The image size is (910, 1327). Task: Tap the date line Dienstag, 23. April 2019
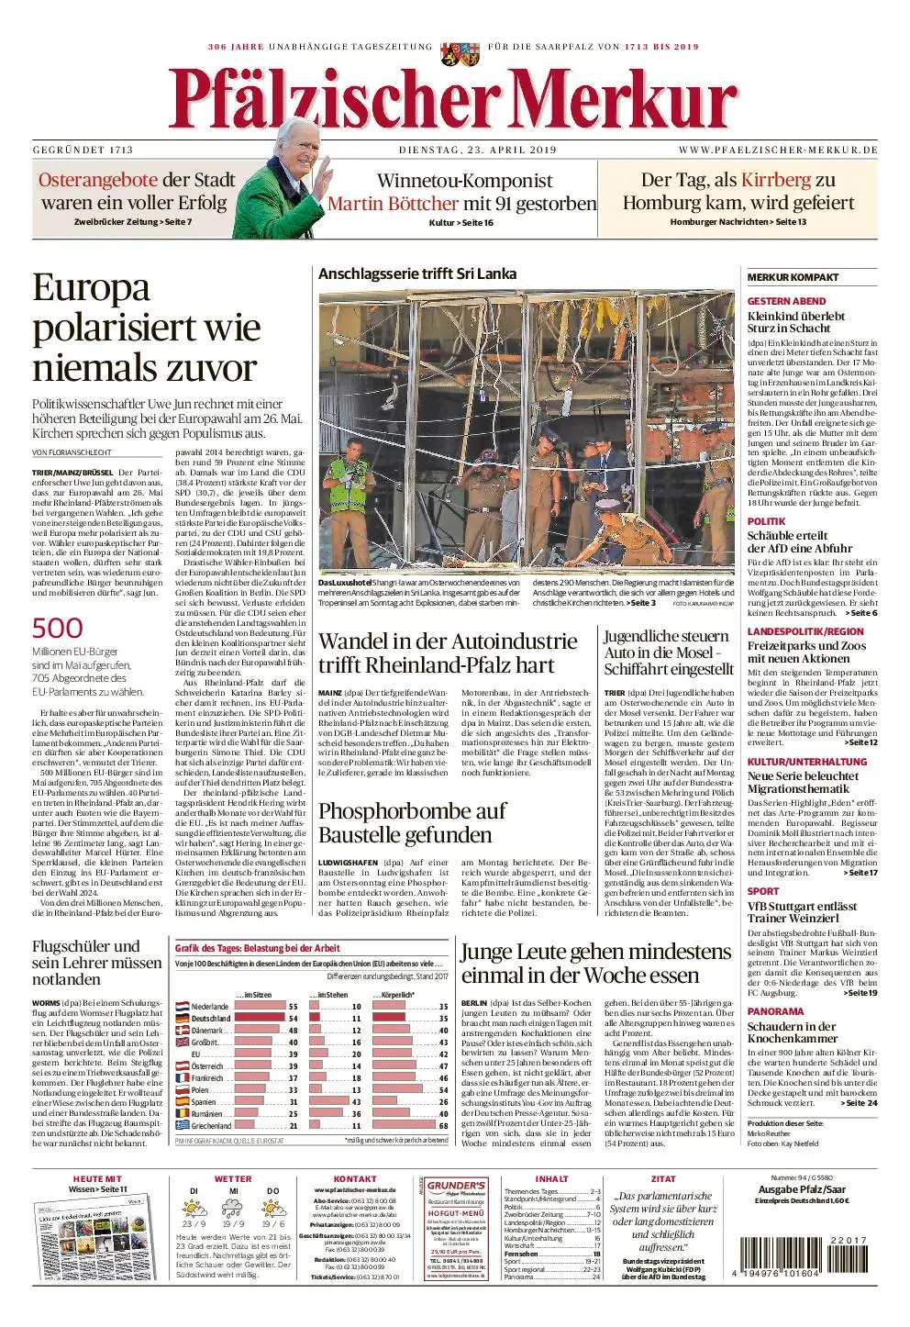click(x=478, y=150)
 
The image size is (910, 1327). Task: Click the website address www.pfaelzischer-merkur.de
click(x=778, y=150)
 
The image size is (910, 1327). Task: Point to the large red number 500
click(x=57, y=628)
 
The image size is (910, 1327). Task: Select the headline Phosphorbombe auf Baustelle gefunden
click(x=412, y=822)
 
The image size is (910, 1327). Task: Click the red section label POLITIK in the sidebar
click(x=766, y=521)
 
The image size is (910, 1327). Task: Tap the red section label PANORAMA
click(x=775, y=1011)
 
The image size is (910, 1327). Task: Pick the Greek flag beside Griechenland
click(x=182, y=1125)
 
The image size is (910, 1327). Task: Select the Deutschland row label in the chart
click(x=211, y=1019)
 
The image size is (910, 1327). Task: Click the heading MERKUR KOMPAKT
click(x=793, y=277)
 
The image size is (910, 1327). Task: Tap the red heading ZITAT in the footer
click(x=663, y=1179)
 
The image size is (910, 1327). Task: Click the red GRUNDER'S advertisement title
click(x=456, y=1187)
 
